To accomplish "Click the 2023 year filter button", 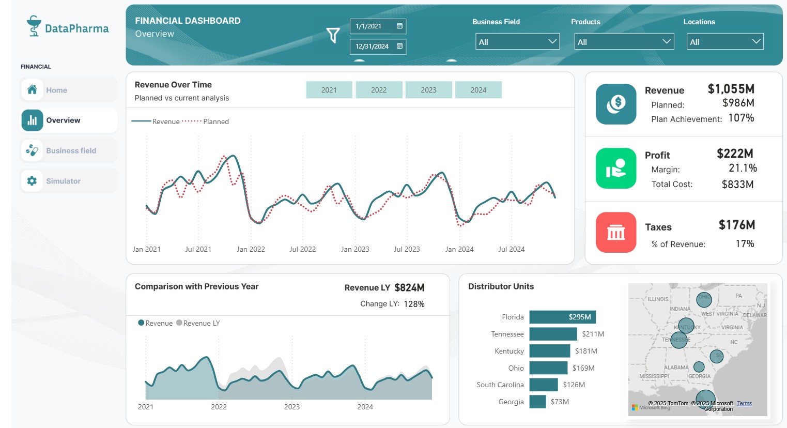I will [428, 90].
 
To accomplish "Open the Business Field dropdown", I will [517, 42].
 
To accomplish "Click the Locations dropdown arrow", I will [757, 41].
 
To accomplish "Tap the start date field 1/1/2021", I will [378, 26].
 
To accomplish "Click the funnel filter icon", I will [333, 35].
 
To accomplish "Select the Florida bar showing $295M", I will [562, 317].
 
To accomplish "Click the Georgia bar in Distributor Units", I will [537, 402].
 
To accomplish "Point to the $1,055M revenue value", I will [731, 89].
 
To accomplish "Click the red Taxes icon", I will [615, 232].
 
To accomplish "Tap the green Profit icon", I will [615, 168].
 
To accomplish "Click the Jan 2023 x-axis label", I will [355, 249].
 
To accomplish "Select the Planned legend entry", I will [215, 121].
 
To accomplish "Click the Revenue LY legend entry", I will [201, 323].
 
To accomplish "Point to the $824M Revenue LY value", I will [409, 288].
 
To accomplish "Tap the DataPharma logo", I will [68, 27].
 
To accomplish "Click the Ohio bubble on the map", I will [704, 299].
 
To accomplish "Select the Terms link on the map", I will [744, 403].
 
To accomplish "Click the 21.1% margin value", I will [743, 168].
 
